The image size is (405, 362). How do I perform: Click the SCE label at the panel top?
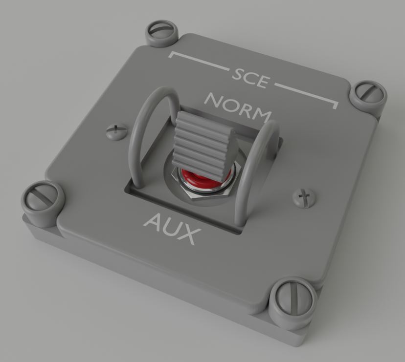tap(250, 78)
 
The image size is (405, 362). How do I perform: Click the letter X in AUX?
tap(186, 235)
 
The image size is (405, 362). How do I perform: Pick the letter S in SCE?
tap(238, 74)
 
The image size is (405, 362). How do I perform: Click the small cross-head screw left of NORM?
tap(115, 130)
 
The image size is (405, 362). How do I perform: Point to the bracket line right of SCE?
tap(308, 96)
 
